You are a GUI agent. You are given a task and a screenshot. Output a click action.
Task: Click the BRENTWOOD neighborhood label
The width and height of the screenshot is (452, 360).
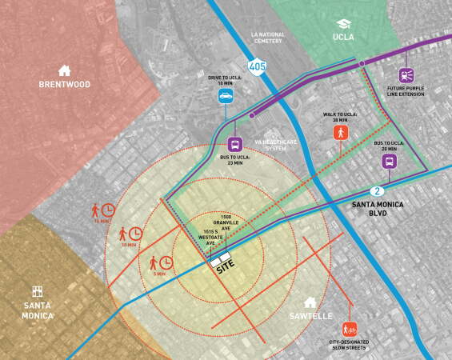(65, 85)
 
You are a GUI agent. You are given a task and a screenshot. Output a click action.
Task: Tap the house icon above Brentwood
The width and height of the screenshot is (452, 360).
(65, 70)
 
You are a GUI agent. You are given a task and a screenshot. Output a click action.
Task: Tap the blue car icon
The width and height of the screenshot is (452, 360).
(226, 97)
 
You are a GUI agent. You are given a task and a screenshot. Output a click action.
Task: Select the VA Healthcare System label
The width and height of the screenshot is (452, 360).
(275, 145)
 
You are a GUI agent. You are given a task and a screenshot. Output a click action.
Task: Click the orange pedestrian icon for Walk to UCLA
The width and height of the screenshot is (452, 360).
(341, 132)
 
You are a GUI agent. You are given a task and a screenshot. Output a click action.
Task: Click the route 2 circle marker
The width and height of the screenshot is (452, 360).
(376, 191)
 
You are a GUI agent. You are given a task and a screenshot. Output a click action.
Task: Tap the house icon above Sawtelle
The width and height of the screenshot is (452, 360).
(310, 302)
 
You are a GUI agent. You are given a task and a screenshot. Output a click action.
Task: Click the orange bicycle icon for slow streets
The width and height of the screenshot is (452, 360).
(349, 329)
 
